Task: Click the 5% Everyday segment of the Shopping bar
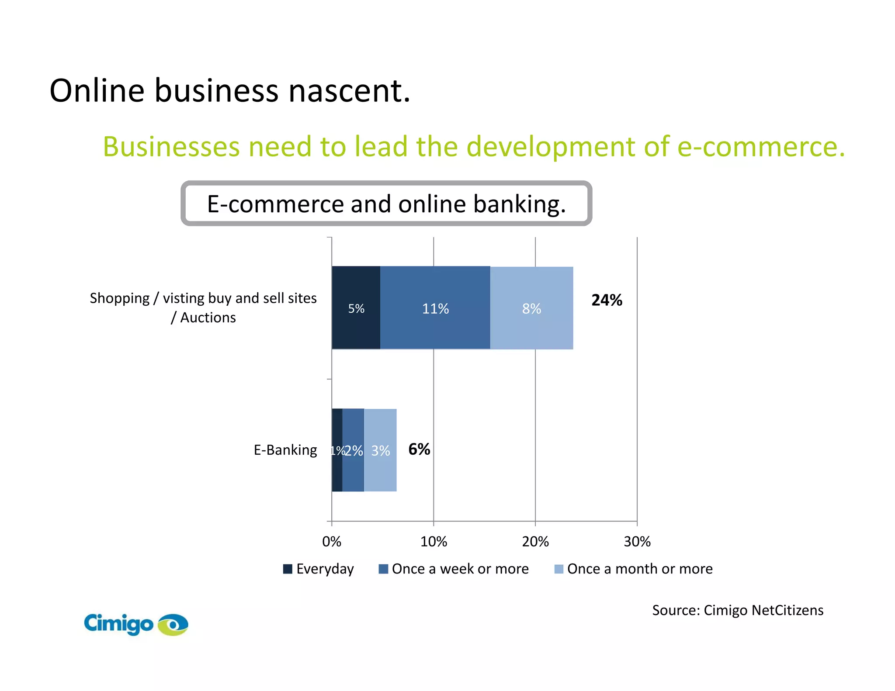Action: pyautogui.click(x=356, y=308)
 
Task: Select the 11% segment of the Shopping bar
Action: pyautogui.click(x=435, y=308)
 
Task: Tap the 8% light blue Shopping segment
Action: pyautogui.click(x=531, y=308)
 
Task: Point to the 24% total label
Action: pyautogui.click(x=607, y=300)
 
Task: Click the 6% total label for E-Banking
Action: pyautogui.click(x=419, y=449)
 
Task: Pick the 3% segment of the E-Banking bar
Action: pyautogui.click(x=380, y=450)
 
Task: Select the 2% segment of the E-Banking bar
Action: pyautogui.click(x=353, y=450)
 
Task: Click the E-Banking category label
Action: pyautogui.click(x=285, y=450)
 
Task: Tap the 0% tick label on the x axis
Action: pyautogui.click(x=332, y=542)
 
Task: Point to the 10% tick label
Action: pyautogui.click(x=434, y=542)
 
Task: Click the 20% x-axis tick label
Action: pyautogui.click(x=535, y=542)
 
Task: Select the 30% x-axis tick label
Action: pyautogui.click(x=637, y=542)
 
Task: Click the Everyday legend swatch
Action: pyautogui.click(x=288, y=569)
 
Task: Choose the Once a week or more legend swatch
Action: pyautogui.click(x=383, y=569)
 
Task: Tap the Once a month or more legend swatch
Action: pyautogui.click(x=559, y=569)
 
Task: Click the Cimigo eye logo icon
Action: pyautogui.click(x=173, y=625)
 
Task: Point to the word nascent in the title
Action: pyautogui.click(x=349, y=90)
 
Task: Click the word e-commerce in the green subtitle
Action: pyautogui.click(x=760, y=146)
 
